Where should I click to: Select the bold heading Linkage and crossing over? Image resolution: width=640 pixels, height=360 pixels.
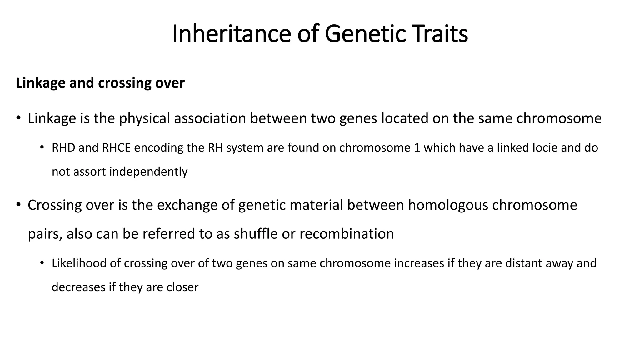point(100,83)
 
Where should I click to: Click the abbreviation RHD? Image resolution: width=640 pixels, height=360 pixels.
point(63,147)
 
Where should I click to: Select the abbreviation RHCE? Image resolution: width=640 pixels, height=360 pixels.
point(116,147)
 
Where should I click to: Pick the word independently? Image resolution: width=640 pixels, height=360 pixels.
point(148,172)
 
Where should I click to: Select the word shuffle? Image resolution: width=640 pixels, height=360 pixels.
point(256,234)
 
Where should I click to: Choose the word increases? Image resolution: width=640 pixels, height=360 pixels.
point(419,263)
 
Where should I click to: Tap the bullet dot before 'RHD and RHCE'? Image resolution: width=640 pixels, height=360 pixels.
point(42,147)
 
